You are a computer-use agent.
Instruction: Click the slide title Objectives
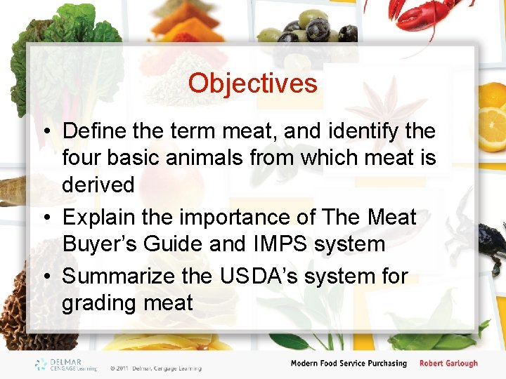[x=252, y=84]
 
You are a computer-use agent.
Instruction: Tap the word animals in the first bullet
[x=197, y=158]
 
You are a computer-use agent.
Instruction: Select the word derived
[x=98, y=185]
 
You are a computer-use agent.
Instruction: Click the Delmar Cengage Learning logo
[x=67, y=364]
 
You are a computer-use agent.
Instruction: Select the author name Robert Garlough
[x=448, y=364]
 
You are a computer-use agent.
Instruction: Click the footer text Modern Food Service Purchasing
[x=349, y=364]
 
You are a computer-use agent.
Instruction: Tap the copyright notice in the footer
[x=155, y=368]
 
